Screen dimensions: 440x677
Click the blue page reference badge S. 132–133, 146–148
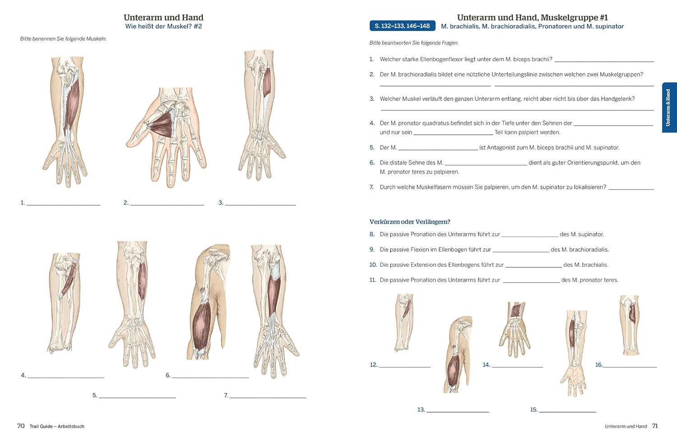402,26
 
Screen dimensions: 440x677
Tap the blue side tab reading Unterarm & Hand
668,107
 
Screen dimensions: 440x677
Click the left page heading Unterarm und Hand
163,18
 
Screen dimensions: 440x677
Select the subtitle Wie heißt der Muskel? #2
163,27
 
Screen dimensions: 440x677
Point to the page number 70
21,426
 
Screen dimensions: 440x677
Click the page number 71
655,426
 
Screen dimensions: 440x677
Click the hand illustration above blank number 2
167,135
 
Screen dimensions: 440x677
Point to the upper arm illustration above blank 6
209,302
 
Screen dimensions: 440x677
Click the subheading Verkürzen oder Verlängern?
410,222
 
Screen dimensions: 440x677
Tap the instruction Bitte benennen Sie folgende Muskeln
64,39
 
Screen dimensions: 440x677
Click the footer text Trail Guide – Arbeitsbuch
57,426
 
